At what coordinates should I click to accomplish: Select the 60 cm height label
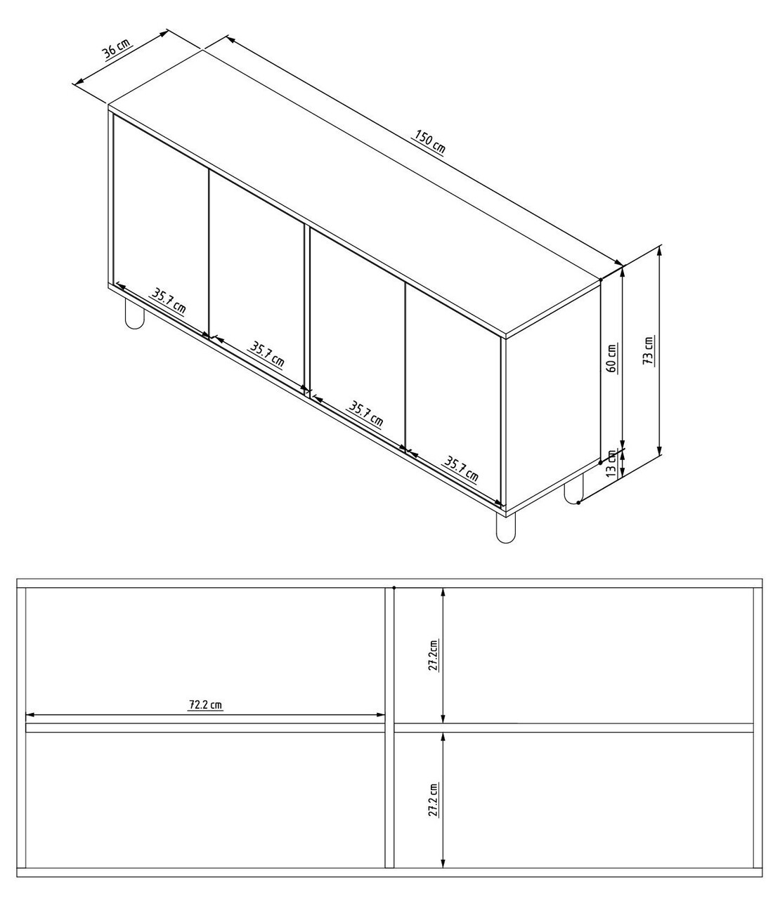pos(611,357)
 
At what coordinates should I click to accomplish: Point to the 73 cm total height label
pos(649,349)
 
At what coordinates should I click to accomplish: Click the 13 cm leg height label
pos(611,464)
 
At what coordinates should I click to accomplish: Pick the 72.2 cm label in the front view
pos(205,704)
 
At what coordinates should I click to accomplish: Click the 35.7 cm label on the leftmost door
pos(169,301)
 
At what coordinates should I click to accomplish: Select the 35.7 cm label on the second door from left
pos(267,354)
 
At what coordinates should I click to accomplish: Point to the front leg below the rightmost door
pos(505,528)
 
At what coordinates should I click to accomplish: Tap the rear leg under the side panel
pos(573,489)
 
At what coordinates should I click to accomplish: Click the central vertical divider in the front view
pos(390,727)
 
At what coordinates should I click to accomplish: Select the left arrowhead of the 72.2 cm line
pos(30,716)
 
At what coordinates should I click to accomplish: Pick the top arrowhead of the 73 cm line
pos(659,250)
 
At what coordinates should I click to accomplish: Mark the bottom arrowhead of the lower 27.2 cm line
pos(443,863)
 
